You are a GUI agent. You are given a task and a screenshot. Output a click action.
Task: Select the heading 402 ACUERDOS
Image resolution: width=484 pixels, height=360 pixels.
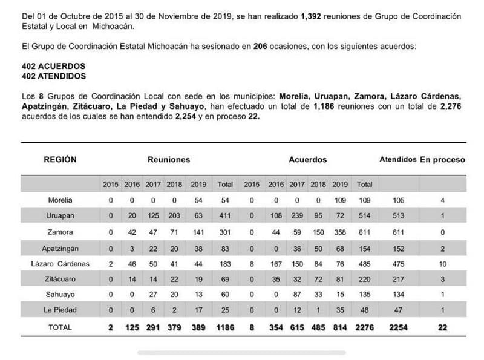tap(53, 66)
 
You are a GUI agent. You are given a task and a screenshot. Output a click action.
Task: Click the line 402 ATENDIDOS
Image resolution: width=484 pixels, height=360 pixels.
tap(53, 76)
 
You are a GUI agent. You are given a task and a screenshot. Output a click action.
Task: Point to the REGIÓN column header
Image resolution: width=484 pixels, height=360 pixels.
tap(60, 160)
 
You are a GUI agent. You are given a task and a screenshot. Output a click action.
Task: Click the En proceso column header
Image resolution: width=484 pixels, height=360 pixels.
tap(443, 160)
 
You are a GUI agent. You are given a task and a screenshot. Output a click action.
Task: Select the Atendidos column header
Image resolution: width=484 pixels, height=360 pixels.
tap(397, 160)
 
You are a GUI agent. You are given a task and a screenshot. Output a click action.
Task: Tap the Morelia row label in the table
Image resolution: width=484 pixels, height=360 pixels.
tap(60, 200)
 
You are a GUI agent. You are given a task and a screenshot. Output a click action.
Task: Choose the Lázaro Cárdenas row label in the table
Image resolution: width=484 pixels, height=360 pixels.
tap(60, 263)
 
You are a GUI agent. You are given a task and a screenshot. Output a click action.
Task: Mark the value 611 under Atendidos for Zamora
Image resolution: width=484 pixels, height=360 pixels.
tap(397, 231)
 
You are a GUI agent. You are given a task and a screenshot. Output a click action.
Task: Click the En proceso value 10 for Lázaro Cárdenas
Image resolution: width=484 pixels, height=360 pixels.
tap(443, 263)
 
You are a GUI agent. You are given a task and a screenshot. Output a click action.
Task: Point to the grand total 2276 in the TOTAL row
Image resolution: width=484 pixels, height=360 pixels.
tap(365, 327)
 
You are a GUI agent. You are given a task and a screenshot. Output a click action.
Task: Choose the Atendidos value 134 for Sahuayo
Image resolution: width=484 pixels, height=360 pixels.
tap(397, 295)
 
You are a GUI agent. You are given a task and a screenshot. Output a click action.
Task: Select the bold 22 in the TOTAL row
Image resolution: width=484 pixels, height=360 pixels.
tap(443, 327)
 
